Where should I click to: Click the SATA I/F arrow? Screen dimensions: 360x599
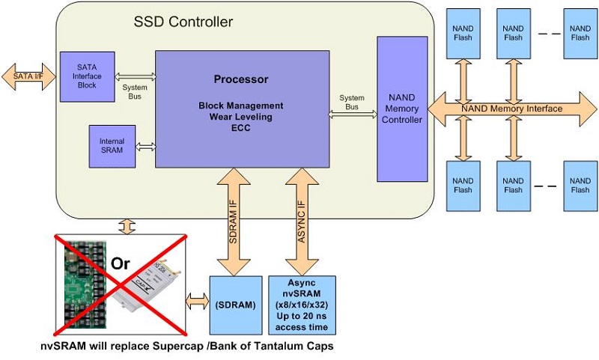(x=28, y=76)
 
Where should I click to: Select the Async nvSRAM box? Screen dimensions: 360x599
(x=302, y=304)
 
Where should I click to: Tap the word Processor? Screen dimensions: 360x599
(x=241, y=79)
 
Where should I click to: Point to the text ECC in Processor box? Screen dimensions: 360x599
(x=241, y=127)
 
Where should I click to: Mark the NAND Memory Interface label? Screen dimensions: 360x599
(x=511, y=109)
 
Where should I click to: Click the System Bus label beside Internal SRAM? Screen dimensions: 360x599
(x=136, y=88)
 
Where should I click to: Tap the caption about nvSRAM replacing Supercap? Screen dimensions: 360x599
(x=187, y=347)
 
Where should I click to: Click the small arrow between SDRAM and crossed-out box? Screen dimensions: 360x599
(x=196, y=302)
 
